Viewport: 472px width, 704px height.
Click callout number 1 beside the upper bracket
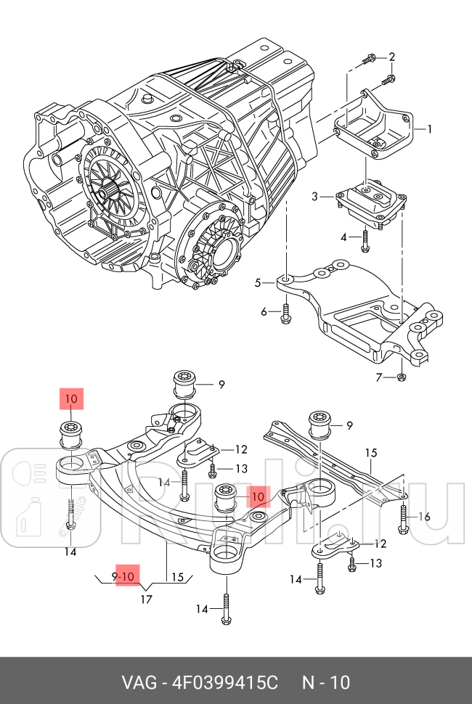coord(429,130)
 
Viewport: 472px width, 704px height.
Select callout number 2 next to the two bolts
coord(392,57)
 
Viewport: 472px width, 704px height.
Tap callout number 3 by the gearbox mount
coord(316,196)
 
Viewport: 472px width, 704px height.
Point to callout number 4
coord(344,237)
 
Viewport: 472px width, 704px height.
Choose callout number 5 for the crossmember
coord(258,283)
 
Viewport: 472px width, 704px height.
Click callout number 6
coord(265,312)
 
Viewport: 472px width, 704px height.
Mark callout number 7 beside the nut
coord(378,377)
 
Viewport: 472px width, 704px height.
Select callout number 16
coord(425,517)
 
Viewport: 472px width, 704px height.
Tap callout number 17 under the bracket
coord(146,599)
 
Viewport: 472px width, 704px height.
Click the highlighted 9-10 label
coord(125,577)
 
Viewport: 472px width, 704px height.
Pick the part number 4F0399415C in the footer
coord(224,683)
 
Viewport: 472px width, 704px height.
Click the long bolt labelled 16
coord(403,517)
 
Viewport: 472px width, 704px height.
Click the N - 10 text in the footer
coord(326,683)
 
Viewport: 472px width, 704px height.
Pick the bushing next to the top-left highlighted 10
coord(73,434)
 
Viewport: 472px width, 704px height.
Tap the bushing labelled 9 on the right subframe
coord(320,425)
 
